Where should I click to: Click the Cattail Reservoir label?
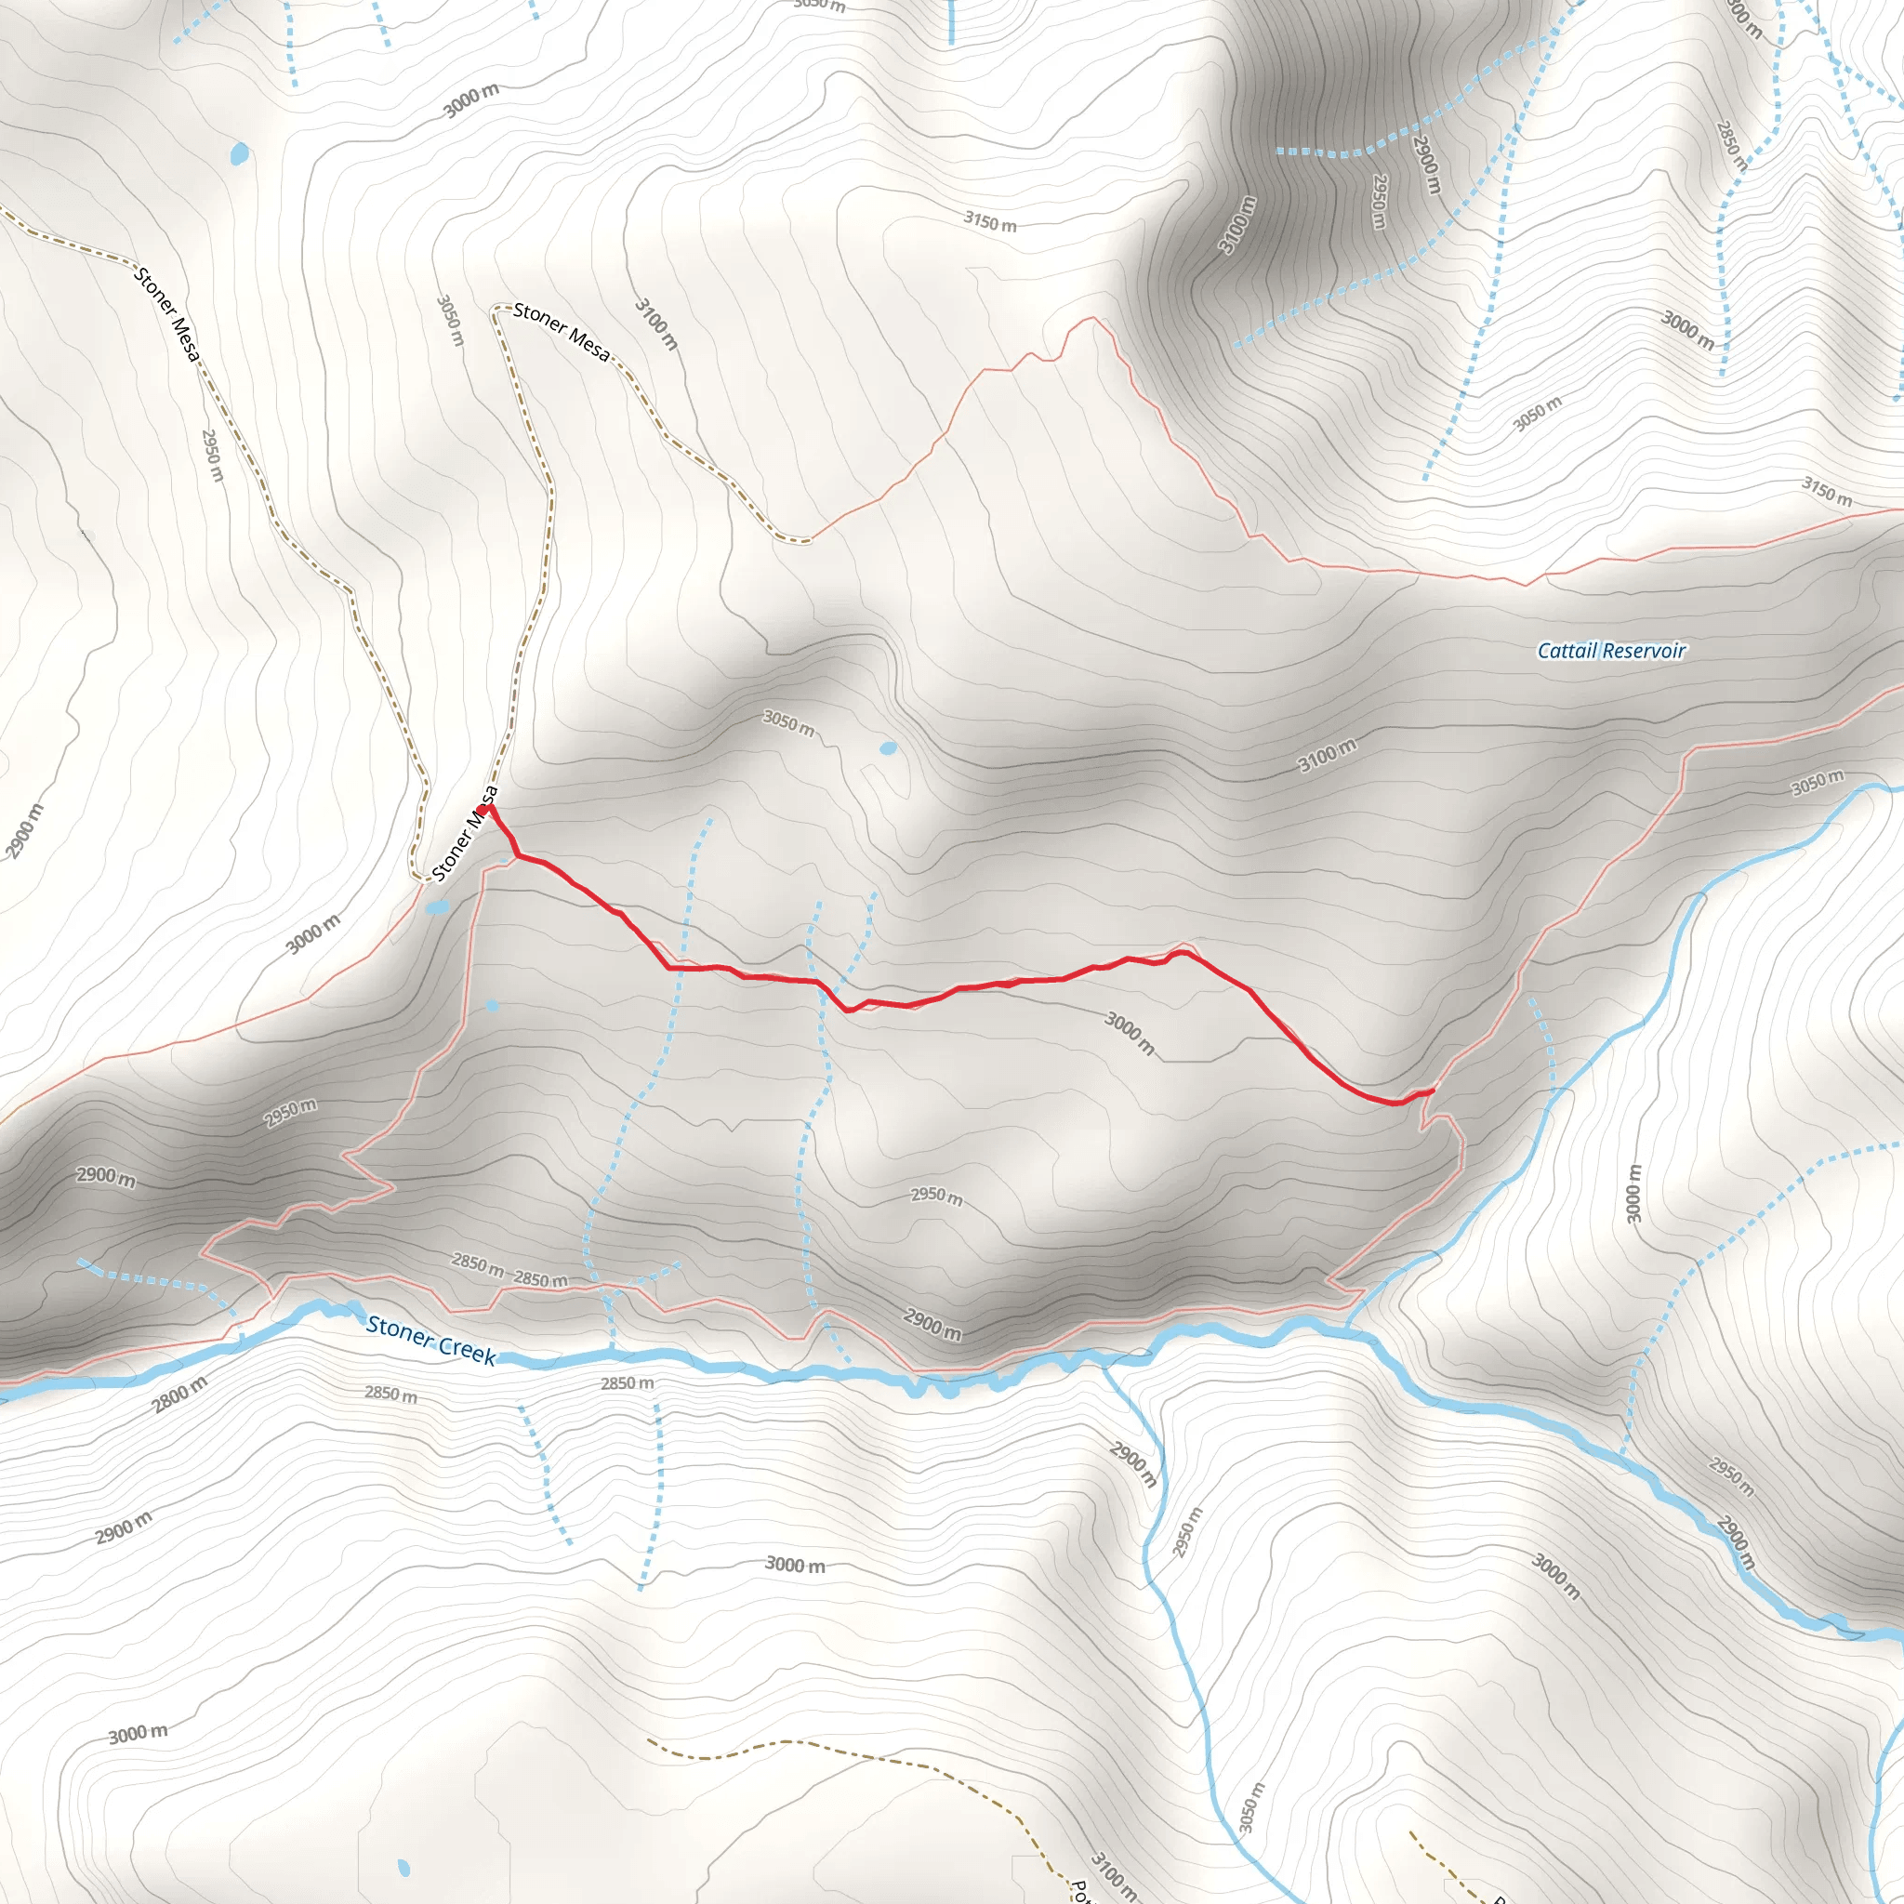(x=1611, y=651)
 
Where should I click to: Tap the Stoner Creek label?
(x=430, y=1341)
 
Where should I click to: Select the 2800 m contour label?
(x=180, y=1395)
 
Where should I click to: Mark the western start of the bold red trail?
(x=483, y=809)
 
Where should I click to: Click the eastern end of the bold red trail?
(x=1431, y=1090)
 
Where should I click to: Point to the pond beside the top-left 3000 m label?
(x=240, y=153)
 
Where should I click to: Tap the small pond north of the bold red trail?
(x=888, y=748)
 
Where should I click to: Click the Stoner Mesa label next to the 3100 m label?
(x=562, y=331)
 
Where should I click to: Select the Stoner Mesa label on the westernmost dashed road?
(x=167, y=313)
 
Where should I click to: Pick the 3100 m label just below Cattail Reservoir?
(x=1327, y=756)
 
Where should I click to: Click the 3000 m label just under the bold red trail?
(x=1130, y=1033)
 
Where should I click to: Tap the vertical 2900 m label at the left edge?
(x=25, y=831)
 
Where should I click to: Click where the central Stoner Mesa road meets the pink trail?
(x=809, y=540)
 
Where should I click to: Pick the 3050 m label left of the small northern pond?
(x=788, y=722)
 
